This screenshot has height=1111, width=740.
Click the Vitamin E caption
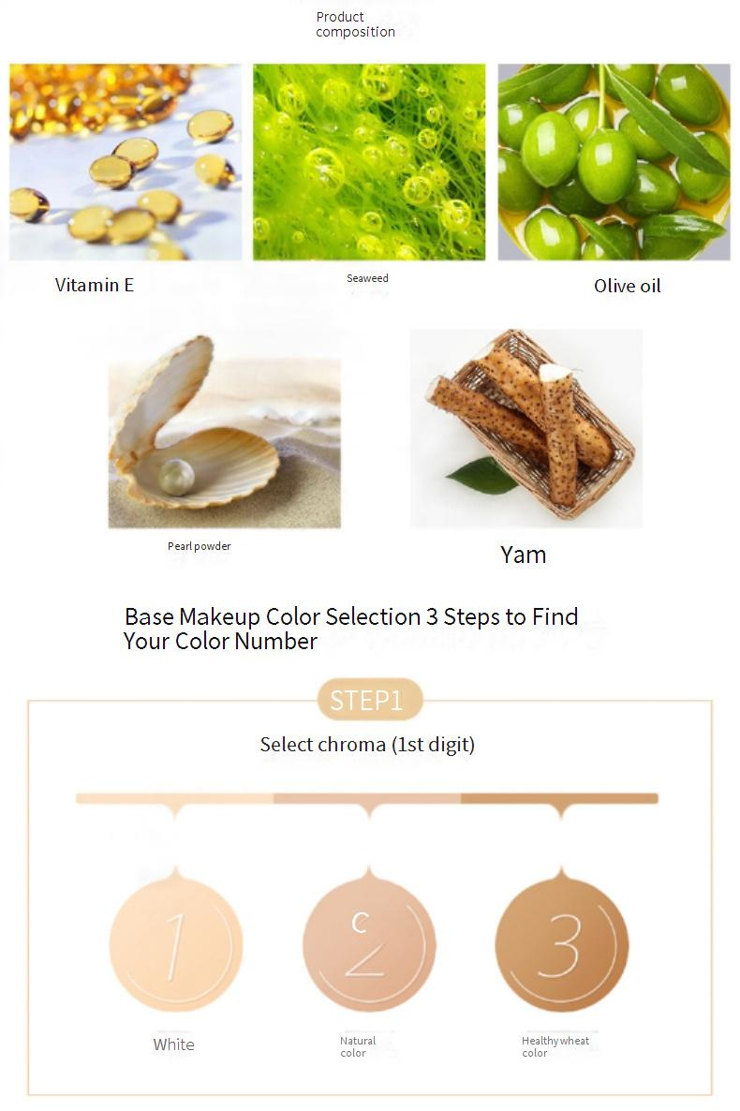(x=95, y=285)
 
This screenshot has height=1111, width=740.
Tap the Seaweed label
(x=367, y=278)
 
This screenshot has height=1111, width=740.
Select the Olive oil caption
(x=628, y=287)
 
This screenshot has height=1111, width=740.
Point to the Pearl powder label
(x=200, y=546)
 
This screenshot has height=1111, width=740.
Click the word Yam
(x=523, y=555)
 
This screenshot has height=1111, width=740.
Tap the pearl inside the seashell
(x=176, y=476)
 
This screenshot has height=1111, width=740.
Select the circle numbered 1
(x=176, y=944)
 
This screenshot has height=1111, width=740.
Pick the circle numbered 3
(x=561, y=944)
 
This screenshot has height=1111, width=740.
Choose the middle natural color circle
(x=369, y=944)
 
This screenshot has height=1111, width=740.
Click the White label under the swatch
(x=173, y=1044)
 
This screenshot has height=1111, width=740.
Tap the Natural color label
(x=358, y=1046)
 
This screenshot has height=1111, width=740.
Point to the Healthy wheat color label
(x=555, y=1046)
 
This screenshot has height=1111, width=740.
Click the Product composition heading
(x=355, y=24)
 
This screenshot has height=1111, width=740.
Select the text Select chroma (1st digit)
(x=367, y=745)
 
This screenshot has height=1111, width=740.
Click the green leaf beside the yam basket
(x=483, y=476)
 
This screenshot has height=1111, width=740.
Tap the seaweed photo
(x=369, y=162)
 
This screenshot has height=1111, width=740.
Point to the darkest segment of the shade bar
(x=559, y=798)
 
